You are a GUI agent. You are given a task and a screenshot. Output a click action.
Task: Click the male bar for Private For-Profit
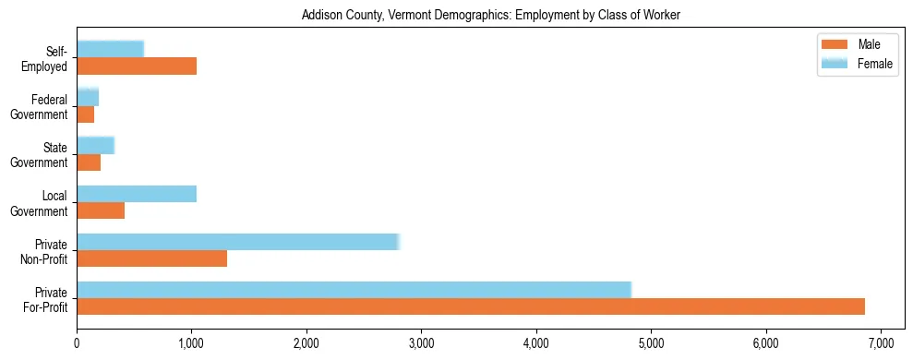coord(471,306)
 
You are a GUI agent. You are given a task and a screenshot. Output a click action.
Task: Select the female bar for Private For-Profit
coord(354,290)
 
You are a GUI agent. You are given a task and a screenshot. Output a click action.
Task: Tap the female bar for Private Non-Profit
coord(237,242)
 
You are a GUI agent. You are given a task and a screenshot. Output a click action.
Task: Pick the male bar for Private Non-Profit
coord(152,258)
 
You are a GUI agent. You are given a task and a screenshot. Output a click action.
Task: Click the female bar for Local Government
coord(137,194)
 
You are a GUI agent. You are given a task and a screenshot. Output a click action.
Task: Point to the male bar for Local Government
coord(101,210)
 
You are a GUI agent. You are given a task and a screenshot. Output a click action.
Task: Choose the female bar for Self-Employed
coord(111,49)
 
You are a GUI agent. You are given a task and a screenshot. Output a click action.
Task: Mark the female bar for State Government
coord(95,145)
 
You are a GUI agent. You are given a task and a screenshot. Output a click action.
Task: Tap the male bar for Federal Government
coord(86,114)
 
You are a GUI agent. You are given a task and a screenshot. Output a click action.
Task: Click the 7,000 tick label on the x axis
coord(881,343)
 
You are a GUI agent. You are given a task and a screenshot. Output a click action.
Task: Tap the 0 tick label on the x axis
coord(77,343)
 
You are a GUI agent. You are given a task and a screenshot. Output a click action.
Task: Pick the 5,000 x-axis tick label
coord(651,343)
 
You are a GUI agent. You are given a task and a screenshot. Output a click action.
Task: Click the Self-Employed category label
coord(49,58)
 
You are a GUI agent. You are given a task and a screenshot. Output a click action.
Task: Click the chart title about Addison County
coord(490,16)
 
